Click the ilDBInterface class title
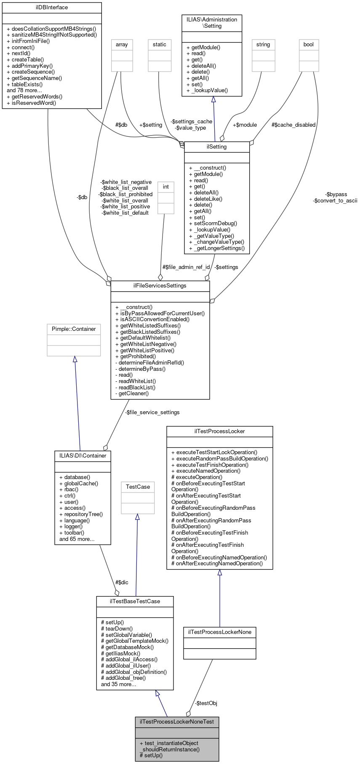coord(52,8)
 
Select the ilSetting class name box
coord(217,147)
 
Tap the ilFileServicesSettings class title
coord(160,286)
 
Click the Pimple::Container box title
coord(74,329)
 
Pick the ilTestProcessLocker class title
coord(219,431)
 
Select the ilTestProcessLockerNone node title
coord(219,632)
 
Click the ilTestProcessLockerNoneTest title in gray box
coord(177,722)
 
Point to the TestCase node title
coord(138,487)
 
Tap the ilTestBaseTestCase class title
coord(135,602)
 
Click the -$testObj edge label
coord(206,703)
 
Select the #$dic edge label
coord(122,583)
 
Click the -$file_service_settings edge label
coord(152,413)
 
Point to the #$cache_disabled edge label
coord(293,125)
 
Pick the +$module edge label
coord(245,125)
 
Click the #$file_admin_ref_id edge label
coord(186,267)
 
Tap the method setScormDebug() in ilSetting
coord(216,224)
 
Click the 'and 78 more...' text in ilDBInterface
coord(24,91)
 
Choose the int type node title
coord(166,187)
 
